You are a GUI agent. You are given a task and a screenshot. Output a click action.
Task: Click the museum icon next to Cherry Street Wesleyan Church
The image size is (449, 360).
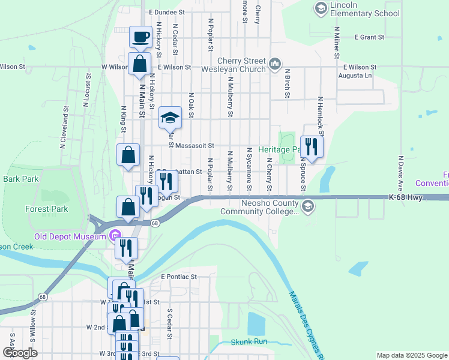276,63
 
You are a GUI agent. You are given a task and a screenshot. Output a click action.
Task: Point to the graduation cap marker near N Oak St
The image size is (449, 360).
170,117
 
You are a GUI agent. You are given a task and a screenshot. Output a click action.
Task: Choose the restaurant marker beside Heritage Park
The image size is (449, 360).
312,146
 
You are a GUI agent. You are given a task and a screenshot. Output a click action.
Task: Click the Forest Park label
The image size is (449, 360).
46,209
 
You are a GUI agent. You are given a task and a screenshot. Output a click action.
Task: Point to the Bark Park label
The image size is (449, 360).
20,179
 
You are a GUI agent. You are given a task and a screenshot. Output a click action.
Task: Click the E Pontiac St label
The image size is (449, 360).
179,277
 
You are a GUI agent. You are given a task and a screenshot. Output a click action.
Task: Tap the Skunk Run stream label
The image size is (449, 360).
249,342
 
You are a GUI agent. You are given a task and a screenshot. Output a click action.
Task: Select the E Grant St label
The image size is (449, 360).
369,37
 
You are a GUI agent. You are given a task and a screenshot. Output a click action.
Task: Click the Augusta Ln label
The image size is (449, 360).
358,76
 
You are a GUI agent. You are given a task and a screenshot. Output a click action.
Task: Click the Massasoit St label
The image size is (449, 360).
195,145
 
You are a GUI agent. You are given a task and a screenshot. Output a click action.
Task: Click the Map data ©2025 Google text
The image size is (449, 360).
411,355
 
